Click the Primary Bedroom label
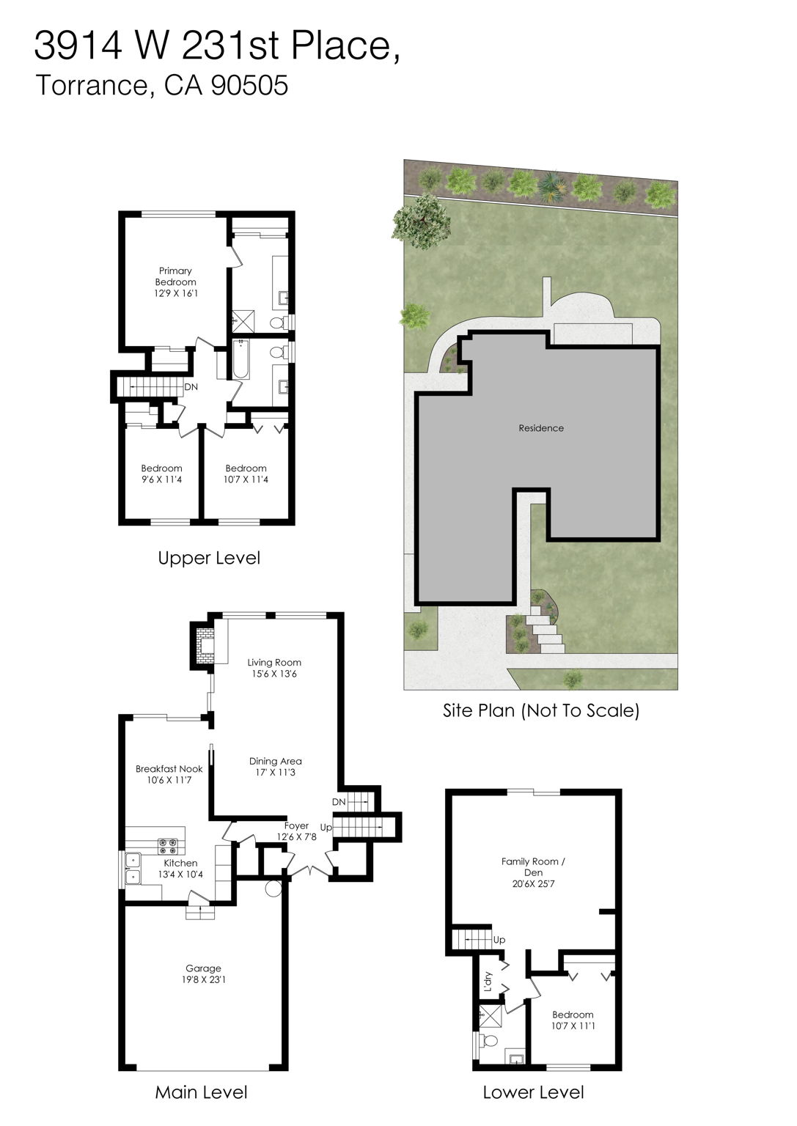(x=176, y=276)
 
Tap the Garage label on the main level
(x=203, y=968)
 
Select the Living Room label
(x=274, y=663)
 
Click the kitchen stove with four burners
(x=168, y=846)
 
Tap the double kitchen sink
(x=133, y=868)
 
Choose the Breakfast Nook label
(x=169, y=769)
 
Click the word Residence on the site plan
(x=541, y=428)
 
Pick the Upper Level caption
(x=209, y=558)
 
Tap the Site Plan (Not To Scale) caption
(x=541, y=710)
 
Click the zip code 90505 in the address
(x=249, y=86)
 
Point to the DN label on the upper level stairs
(x=191, y=387)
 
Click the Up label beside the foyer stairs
(x=326, y=828)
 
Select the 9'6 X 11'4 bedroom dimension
(x=161, y=480)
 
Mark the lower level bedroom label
(x=573, y=1015)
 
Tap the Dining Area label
(x=275, y=761)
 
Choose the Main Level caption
(x=201, y=1092)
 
